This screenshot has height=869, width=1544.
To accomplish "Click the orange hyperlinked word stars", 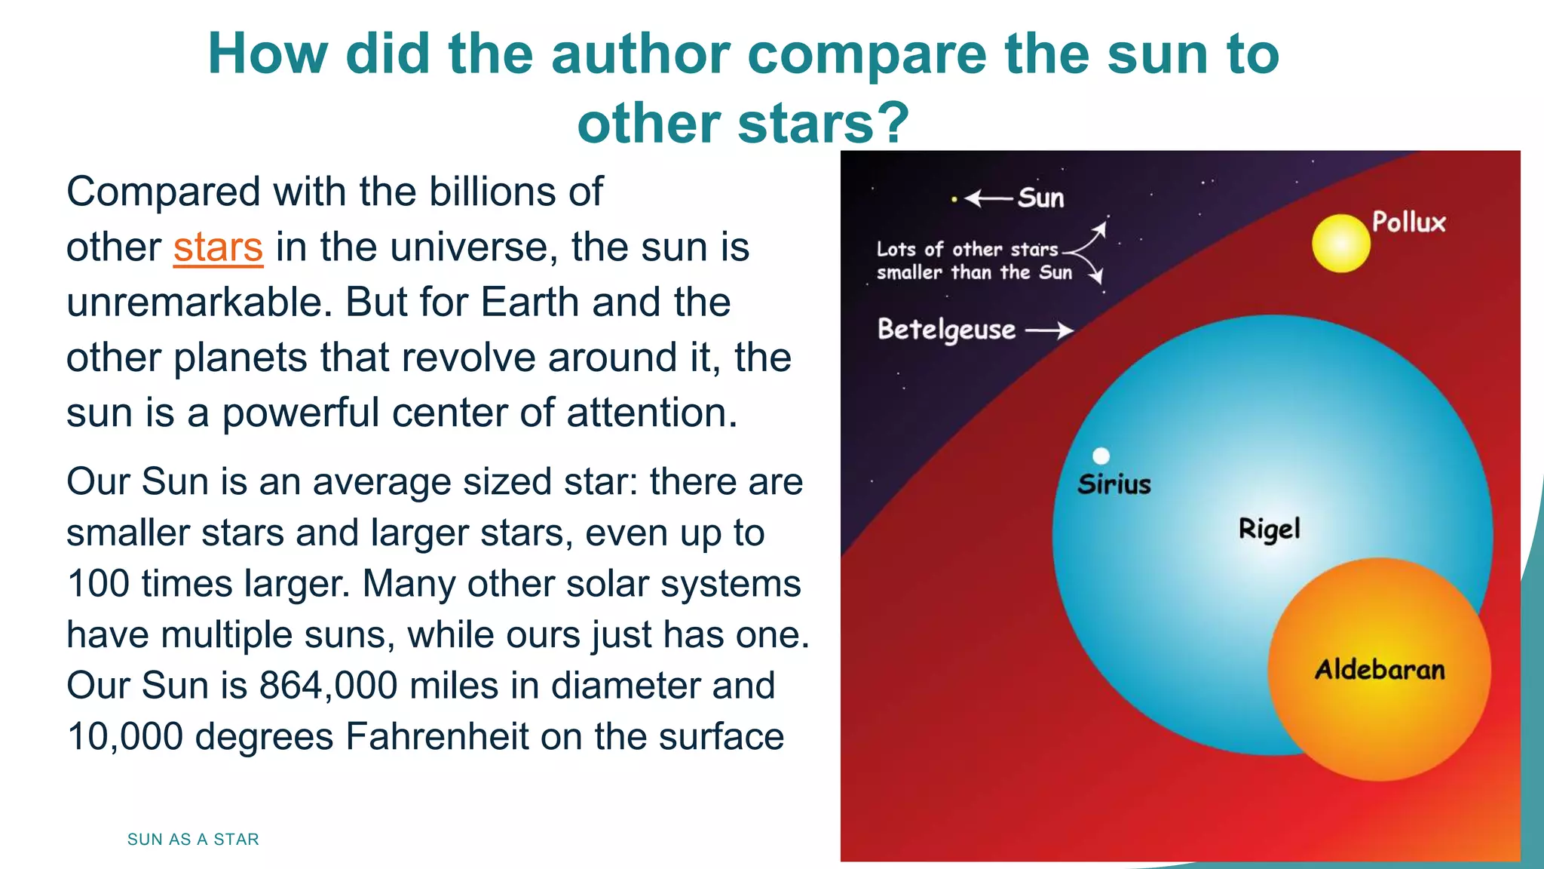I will click(218, 247).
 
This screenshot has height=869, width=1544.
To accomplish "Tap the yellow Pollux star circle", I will click(1340, 243).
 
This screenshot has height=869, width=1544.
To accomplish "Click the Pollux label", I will click(1408, 222).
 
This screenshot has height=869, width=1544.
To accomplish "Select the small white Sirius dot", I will click(1101, 456).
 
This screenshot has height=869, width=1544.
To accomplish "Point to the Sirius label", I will click(1114, 484).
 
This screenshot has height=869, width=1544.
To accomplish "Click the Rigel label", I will click(1270, 529).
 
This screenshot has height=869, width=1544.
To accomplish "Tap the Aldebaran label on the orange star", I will click(1380, 670).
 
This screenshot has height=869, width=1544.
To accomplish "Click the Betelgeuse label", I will click(947, 330).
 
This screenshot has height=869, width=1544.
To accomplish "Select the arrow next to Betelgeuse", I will click(1049, 330).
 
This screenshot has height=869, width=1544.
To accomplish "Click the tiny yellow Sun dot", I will click(954, 199).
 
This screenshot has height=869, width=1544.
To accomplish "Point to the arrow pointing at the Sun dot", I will click(988, 198).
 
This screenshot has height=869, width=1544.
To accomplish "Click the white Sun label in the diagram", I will click(1041, 198).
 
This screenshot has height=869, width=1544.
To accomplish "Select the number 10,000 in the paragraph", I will click(125, 737).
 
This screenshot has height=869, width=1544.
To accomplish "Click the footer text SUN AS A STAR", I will click(193, 840).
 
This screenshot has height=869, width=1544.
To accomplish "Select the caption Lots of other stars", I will click(967, 250).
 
